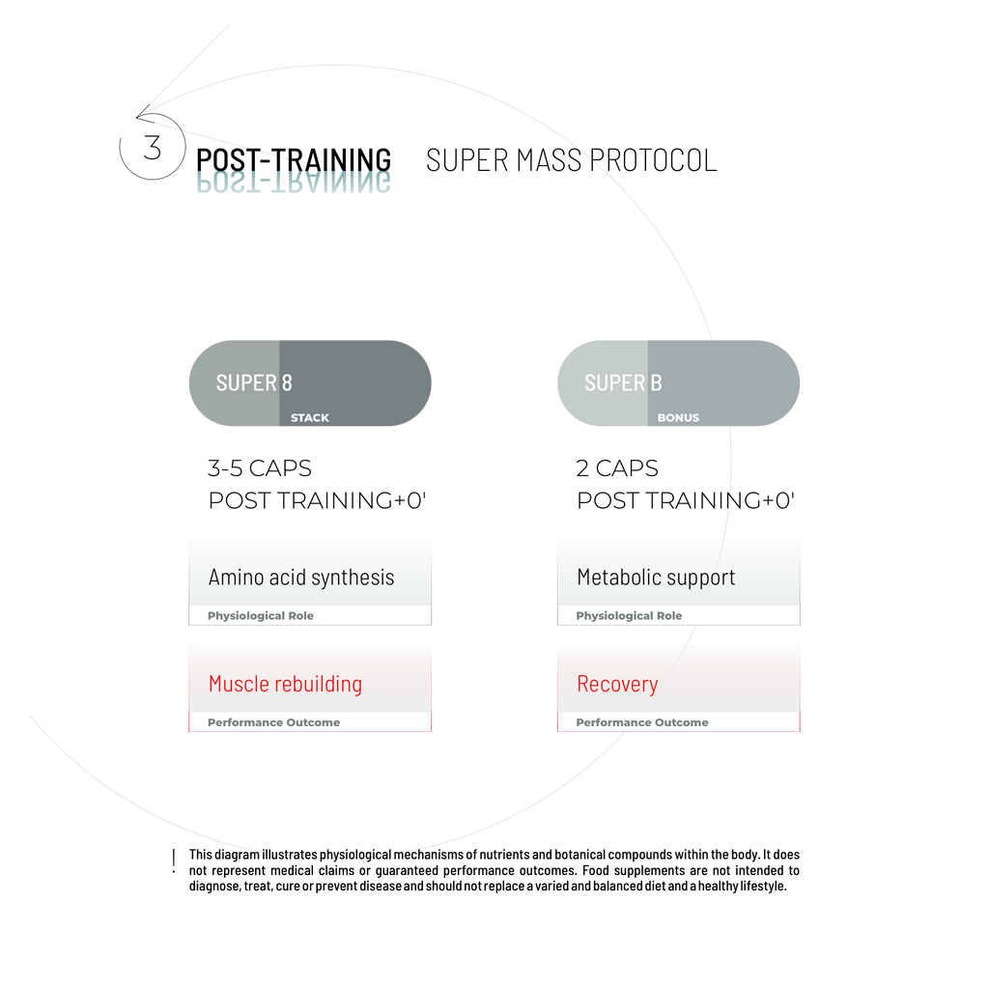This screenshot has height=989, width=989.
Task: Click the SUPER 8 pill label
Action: pos(254,382)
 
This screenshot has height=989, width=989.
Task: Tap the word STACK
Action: pos(310,418)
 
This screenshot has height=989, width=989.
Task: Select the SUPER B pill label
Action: pos(623,382)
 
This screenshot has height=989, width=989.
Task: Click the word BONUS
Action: pos(678,418)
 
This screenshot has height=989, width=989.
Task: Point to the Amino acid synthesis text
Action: pos(301,578)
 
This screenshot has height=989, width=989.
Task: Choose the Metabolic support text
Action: pos(656,578)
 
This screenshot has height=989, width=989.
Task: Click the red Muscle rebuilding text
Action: pos(285,684)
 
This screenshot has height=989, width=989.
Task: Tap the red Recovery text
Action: pos(617,684)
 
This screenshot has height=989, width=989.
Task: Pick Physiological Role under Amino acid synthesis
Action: pos(261,616)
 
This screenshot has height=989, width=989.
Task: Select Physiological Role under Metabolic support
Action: pos(629,616)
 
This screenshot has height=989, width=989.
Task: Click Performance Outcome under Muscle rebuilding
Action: pos(273,722)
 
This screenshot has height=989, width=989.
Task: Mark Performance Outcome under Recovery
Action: pos(642,722)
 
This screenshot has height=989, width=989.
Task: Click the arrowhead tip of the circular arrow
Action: pos(137,118)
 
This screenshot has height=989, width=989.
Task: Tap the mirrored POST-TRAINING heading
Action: pos(294,183)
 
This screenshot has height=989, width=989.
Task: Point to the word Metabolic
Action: pos(616,578)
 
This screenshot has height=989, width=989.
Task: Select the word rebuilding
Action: pos(318,684)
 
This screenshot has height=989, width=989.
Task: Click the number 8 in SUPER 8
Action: pos(286,382)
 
